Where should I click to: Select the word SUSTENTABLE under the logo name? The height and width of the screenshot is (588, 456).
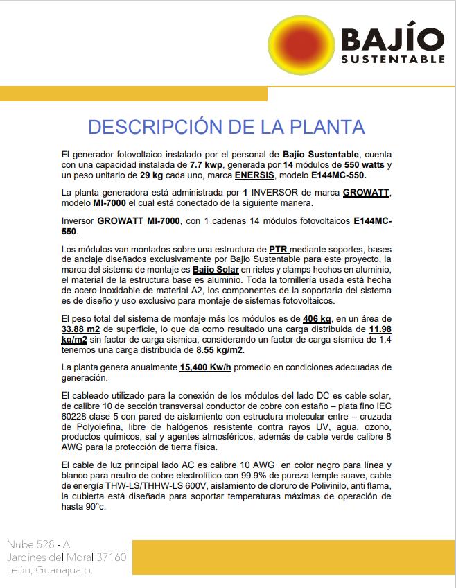393,60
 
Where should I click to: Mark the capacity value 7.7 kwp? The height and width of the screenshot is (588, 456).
204,164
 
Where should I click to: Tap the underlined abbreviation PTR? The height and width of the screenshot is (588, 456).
278,248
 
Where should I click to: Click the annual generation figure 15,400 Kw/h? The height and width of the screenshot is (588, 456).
206,367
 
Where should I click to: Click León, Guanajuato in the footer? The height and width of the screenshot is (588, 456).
49,570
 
